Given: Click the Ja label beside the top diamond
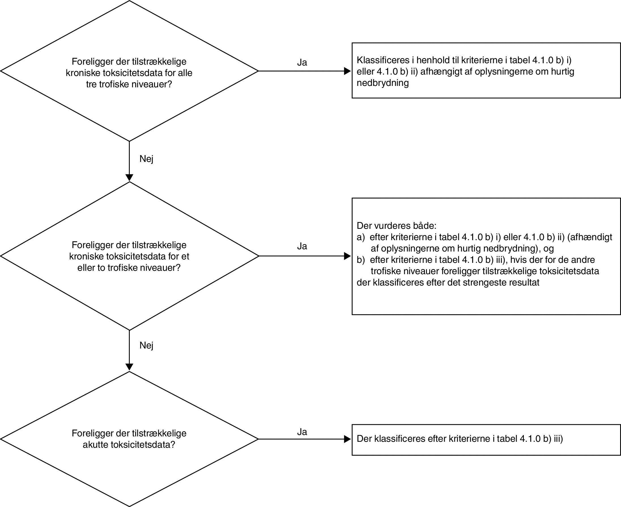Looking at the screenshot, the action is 302,62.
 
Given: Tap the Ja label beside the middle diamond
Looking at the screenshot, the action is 302,246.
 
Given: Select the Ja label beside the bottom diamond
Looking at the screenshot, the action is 302,432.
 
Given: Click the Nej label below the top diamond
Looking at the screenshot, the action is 146,159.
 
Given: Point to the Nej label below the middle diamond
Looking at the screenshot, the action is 146,345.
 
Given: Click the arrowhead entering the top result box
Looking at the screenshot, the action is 348,71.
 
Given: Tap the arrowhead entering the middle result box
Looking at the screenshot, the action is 348,256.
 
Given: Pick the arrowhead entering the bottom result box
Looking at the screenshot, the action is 348,439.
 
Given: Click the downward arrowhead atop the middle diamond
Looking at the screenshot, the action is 129,178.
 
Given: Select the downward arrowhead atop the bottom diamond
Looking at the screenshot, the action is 129,367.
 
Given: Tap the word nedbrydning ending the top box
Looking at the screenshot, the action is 382,83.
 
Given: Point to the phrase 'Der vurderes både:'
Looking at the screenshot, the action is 397,226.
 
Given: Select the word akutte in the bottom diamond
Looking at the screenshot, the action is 95,445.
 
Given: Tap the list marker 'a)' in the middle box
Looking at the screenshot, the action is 361,237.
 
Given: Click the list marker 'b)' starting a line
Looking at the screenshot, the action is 361,260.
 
